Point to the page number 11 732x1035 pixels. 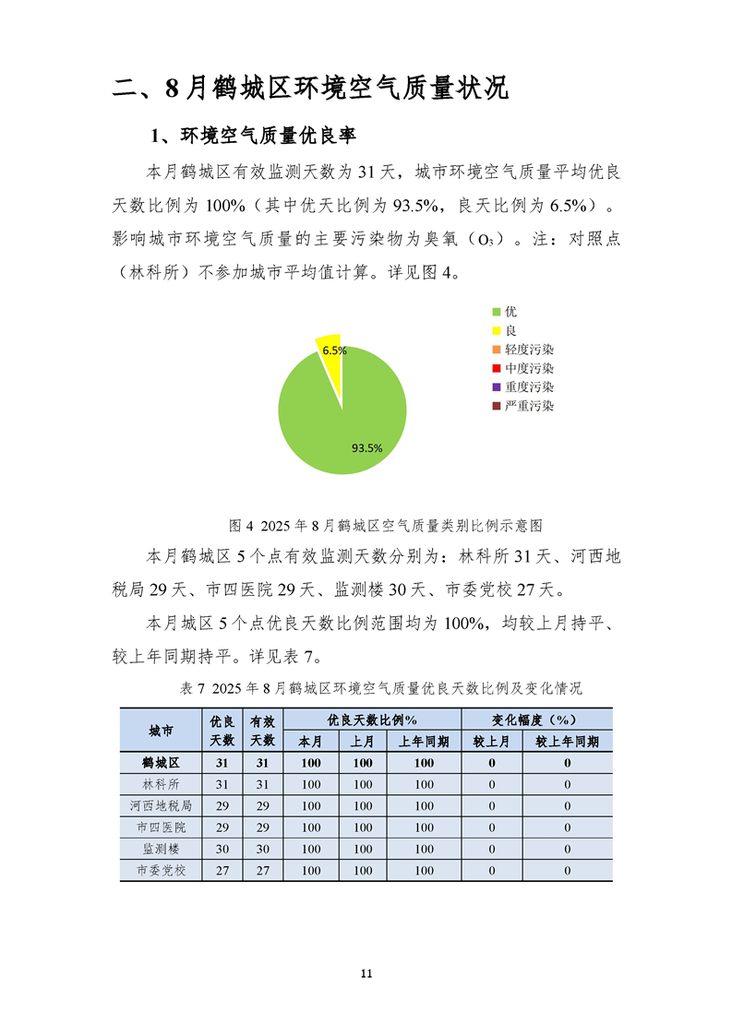pos(366,974)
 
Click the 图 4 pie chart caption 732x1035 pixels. pos(386,526)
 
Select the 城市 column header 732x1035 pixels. pos(161,731)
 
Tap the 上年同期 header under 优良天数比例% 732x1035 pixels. pos(424,742)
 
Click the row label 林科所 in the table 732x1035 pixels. pos(161,784)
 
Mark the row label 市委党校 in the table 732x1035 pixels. pos(161,870)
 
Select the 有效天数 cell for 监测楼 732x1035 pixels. pos(262,849)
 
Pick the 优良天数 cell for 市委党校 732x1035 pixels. pos(222,870)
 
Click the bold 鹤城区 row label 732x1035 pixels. pos(161,763)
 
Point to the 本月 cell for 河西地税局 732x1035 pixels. pos(311,806)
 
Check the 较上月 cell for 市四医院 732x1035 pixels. pos(492,827)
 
